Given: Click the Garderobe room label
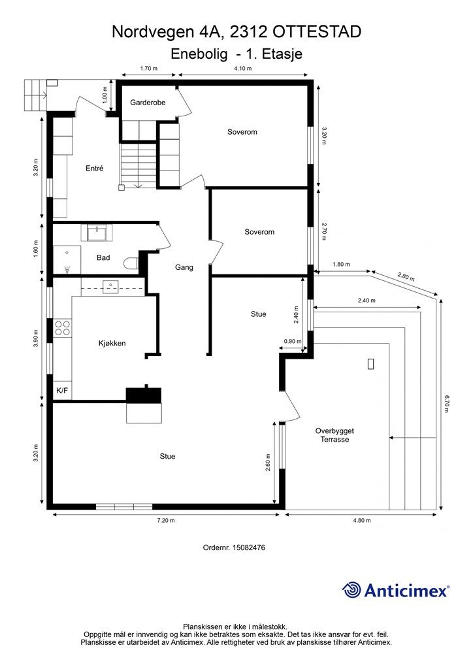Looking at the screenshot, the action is tap(148, 103).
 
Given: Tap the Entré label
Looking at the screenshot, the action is tap(94, 168).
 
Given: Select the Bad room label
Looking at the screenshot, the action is tap(103, 257).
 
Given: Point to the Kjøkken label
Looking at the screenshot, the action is tap(112, 343).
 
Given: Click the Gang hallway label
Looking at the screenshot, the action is tap(184, 267).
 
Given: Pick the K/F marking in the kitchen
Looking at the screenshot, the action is tap(62, 390).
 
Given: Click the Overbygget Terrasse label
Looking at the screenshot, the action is tap(334, 435).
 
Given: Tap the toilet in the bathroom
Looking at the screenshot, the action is tap(131, 264).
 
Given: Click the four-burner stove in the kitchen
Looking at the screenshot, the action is tap(62, 328).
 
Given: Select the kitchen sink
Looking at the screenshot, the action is tap(110, 287).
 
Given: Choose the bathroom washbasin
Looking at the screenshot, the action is tap(98, 233).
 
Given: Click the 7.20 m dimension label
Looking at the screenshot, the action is tap(166, 520).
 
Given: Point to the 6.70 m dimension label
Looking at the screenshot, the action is tap(447, 403).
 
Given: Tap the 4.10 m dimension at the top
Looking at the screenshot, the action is tap(242, 68).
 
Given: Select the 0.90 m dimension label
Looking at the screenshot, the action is tap(293, 341).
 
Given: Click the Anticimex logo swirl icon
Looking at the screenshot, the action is tap(351, 590).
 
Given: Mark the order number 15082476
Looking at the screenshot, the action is tap(249, 547).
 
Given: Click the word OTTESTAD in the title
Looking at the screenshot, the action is tap(317, 32).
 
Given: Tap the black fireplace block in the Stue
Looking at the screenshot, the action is tap(144, 395).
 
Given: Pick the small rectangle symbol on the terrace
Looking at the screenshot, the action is tap(370, 364).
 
